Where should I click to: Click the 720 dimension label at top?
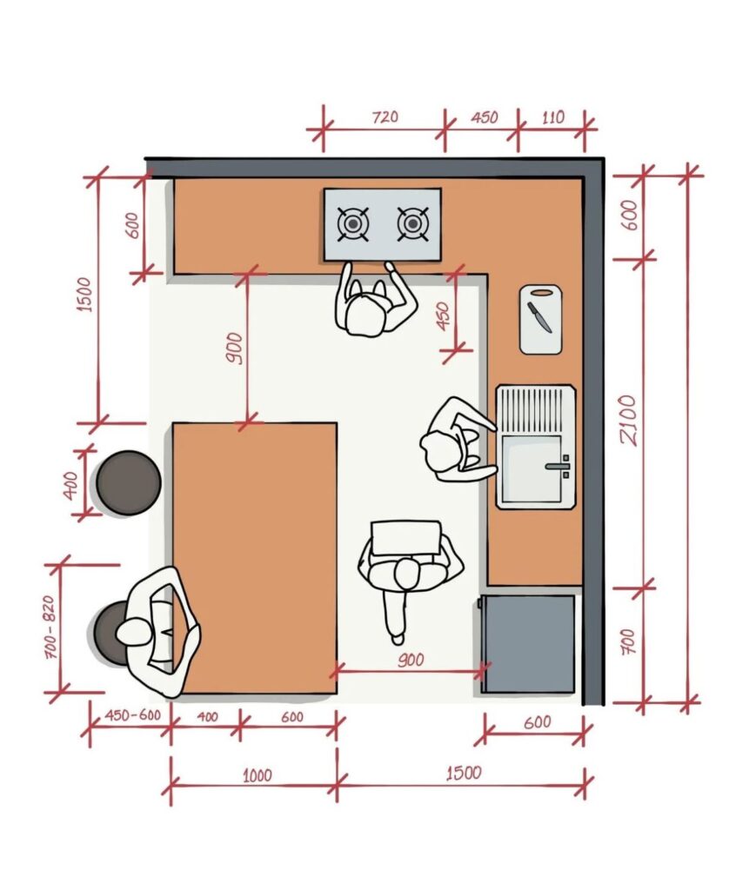(385, 117)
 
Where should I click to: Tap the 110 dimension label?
(552, 117)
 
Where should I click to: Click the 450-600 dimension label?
(132, 715)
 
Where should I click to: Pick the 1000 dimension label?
(257, 774)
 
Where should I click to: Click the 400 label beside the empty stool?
(70, 486)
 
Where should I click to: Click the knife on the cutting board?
(539, 316)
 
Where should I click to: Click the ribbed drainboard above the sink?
(535, 410)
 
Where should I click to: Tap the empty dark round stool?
(129, 483)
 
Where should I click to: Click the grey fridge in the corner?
(528, 644)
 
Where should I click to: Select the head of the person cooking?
(364, 315)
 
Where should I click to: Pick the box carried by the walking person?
(405, 538)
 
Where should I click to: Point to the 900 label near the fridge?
(411, 661)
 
